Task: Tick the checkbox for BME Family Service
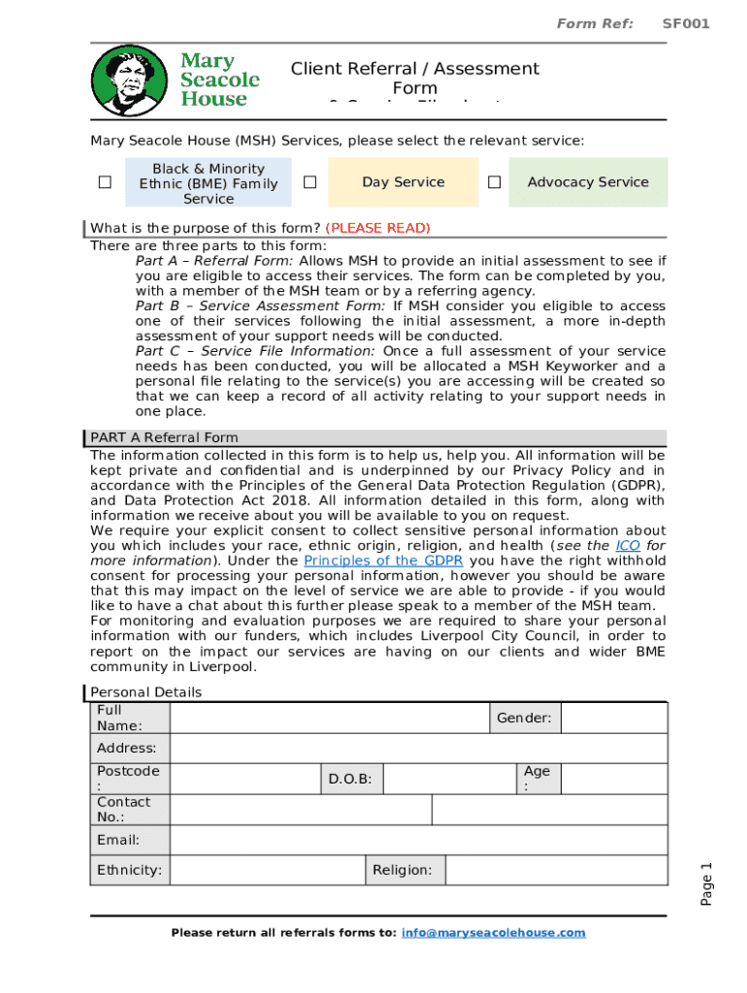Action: pyautogui.click(x=105, y=182)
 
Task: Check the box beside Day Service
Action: pyautogui.click(x=309, y=182)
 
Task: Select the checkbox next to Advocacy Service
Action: pyautogui.click(x=494, y=182)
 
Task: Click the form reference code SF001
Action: pyautogui.click(x=686, y=23)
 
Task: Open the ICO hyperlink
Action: pyautogui.click(x=628, y=546)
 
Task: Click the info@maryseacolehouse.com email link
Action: pyautogui.click(x=494, y=933)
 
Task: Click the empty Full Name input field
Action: pyautogui.click(x=329, y=718)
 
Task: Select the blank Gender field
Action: pyautogui.click(x=614, y=718)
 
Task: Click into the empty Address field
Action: pyautogui.click(x=418, y=749)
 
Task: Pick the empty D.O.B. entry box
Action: pyautogui.click(x=450, y=779)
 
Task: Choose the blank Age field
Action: pyautogui.click(x=614, y=779)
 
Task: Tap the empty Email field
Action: pyautogui.click(x=418, y=840)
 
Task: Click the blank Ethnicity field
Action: pyautogui.click(x=267, y=870)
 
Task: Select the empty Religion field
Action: pyautogui.click(x=556, y=870)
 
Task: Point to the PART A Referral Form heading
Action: pyautogui.click(x=164, y=437)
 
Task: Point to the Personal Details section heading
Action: pyautogui.click(x=146, y=692)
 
